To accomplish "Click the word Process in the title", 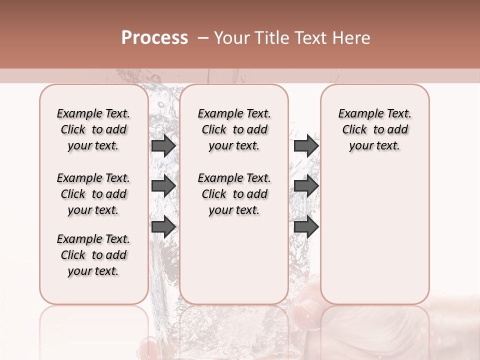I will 154,38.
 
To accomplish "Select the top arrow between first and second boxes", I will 163,145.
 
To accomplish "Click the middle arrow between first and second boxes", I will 163,186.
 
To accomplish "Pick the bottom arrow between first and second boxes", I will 163,226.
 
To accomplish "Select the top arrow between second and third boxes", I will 306,145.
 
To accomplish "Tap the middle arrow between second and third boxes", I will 306,186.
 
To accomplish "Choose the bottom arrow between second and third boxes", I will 306,226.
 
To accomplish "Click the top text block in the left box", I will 93,129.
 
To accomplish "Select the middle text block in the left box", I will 93,194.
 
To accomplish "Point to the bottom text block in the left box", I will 93,255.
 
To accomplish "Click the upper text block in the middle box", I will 234,129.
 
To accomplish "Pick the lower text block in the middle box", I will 234,194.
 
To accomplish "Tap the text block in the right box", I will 375,129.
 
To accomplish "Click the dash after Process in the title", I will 202,38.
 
